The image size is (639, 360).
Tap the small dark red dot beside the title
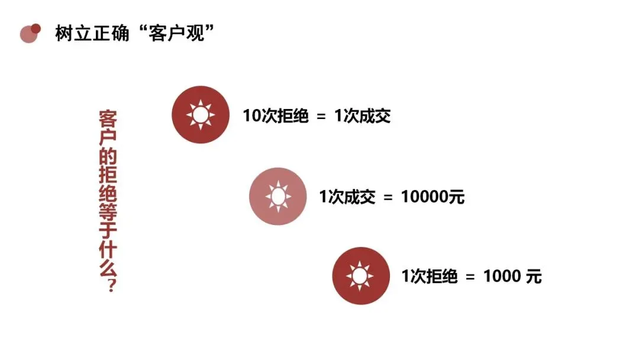point(36,28)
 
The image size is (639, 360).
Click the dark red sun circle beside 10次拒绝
point(200,114)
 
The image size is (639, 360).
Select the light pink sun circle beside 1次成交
point(277,196)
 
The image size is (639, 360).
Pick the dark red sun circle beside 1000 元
point(360,276)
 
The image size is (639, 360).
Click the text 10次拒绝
point(276,115)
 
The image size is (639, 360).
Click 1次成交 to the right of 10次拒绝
point(363,115)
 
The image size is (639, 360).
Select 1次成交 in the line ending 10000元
point(347,196)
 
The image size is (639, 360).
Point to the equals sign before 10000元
point(388,197)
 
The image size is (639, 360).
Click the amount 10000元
point(433,196)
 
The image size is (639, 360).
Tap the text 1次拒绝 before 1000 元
point(430,276)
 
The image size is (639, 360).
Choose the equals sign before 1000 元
point(470,277)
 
